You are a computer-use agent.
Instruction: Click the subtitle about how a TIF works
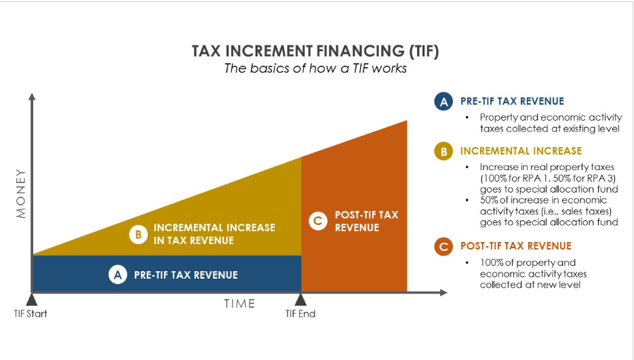(315, 68)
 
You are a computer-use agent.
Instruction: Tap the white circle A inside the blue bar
(118, 275)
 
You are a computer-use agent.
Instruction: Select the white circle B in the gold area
(138, 235)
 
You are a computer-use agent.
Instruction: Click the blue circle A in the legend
(443, 102)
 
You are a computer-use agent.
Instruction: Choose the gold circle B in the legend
(443, 151)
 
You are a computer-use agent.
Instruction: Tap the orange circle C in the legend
(443, 247)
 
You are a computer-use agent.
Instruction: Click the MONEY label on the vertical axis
(21, 193)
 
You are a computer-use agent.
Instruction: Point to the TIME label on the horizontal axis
(239, 304)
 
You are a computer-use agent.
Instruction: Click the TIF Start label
(31, 314)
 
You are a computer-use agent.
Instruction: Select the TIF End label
(300, 314)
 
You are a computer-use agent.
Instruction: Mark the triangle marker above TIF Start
(31, 299)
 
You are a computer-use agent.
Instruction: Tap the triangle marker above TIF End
(300, 299)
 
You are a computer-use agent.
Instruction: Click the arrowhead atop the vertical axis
(31, 97)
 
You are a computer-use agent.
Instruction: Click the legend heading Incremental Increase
(521, 151)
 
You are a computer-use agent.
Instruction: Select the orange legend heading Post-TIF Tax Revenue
(515, 246)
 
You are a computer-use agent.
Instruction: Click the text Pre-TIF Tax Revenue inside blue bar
(186, 275)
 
